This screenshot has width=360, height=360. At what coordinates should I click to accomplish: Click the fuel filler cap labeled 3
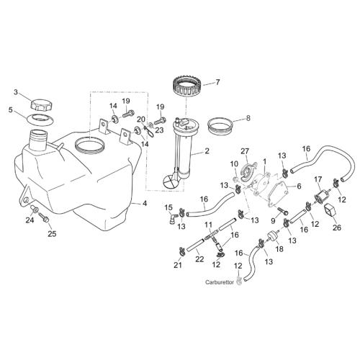click(42, 105)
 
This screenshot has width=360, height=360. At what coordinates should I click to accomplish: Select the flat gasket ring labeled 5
click(40, 120)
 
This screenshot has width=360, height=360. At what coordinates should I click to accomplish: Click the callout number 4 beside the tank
click(144, 203)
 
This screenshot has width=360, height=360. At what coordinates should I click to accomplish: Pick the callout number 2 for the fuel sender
click(207, 151)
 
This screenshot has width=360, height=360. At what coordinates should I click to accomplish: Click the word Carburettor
click(220, 282)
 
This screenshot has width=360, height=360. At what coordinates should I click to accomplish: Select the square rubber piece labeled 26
click(330, 211)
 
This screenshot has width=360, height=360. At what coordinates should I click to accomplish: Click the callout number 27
click(245, 151)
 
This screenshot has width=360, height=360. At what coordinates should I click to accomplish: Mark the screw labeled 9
click(283, 211)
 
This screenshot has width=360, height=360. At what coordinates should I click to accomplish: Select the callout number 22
click(199, 259)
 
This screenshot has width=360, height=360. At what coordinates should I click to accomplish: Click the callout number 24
click(30, 220)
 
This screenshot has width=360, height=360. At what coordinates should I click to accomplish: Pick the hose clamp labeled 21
click(182, 251)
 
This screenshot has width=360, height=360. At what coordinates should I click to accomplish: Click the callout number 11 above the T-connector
click(208, 225)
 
